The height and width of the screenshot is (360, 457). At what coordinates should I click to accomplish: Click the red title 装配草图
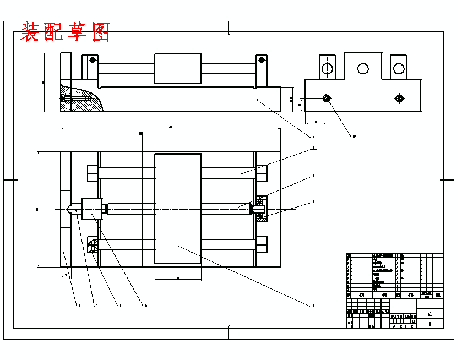pos(65,32)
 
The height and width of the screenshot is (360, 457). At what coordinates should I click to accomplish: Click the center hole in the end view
pos(363,68)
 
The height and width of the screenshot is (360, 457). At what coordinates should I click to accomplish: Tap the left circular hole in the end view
pos(328,68)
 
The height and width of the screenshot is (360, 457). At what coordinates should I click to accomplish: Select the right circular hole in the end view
pos(398,68)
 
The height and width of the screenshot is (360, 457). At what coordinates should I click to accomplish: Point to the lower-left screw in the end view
pos(327,99)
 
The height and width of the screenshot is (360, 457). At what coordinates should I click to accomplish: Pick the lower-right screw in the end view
pos(399,99)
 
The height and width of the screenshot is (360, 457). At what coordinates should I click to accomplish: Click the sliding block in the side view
pos(178,69)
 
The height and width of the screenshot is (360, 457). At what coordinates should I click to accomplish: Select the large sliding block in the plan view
pos(178,209)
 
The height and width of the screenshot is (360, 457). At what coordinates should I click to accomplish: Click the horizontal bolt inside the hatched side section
pos(77,99)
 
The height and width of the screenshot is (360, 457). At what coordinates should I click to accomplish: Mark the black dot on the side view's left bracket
pos(93,60)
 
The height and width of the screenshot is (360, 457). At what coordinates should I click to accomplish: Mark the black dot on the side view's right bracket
pos(262,60)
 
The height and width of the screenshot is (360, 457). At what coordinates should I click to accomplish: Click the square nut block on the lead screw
pos(93,209)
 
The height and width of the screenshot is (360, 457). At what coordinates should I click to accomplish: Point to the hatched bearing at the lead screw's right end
pos(261,209)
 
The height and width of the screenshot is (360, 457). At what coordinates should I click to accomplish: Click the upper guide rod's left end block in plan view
pos(93,173)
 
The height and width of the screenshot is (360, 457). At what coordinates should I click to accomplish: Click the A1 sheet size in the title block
pos(429,313)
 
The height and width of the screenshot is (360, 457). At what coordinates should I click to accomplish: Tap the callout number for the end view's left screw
pos(355,136)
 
